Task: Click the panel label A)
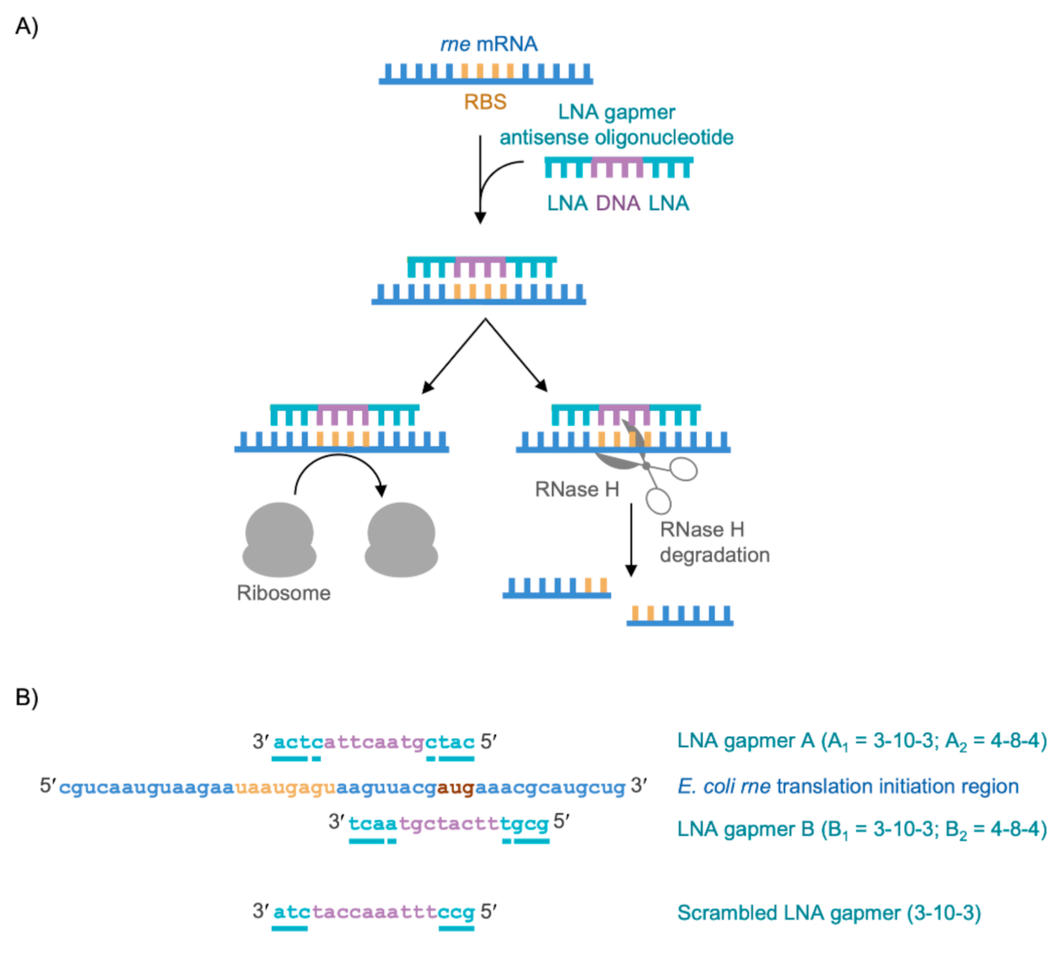click(x=27, y=27)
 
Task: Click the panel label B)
click(x=27, y=697)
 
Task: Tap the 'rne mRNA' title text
click(x=489, y=44)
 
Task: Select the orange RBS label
click(x=485, y=102)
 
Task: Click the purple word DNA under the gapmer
click(x=618, y=203)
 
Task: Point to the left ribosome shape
click(x=279, y=540)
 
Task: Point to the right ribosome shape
click(x=401, y=540)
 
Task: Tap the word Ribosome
click(x=283, y=593)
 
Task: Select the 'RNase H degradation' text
click(x=714, y=542)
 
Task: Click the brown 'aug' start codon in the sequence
click(x=456, y=787)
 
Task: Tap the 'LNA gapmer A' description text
click(x=862, y=741)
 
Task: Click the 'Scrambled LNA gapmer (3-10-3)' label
click(x=829, y=913)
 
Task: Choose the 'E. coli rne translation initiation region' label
click(x=847, y=787)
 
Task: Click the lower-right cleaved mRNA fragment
click(x=680, y=616)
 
